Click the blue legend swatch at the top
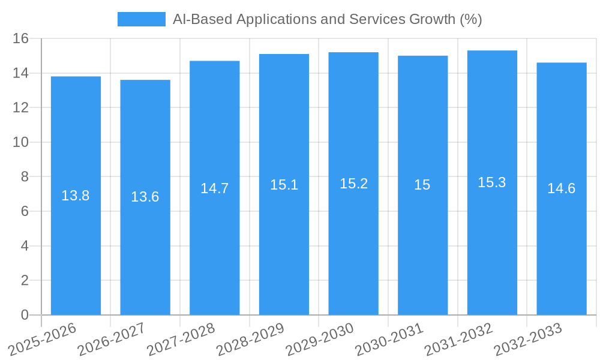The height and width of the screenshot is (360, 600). point(141,19)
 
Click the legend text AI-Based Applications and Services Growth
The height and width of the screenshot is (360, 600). point(327,19)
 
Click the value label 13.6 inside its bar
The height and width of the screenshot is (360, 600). point(145,197)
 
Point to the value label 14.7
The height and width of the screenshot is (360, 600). point(214,188)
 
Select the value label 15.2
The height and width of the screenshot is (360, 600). point(353,184)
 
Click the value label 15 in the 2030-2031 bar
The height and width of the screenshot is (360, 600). point(422,185)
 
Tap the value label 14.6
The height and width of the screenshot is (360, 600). point(561,188)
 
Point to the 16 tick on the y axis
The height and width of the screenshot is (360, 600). point(21,39)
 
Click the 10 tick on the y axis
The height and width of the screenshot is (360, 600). point(21,143)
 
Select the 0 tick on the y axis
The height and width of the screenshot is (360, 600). point(25,315)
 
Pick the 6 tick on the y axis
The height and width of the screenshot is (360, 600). point(25,212)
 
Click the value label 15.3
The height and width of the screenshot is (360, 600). point(492,183)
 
